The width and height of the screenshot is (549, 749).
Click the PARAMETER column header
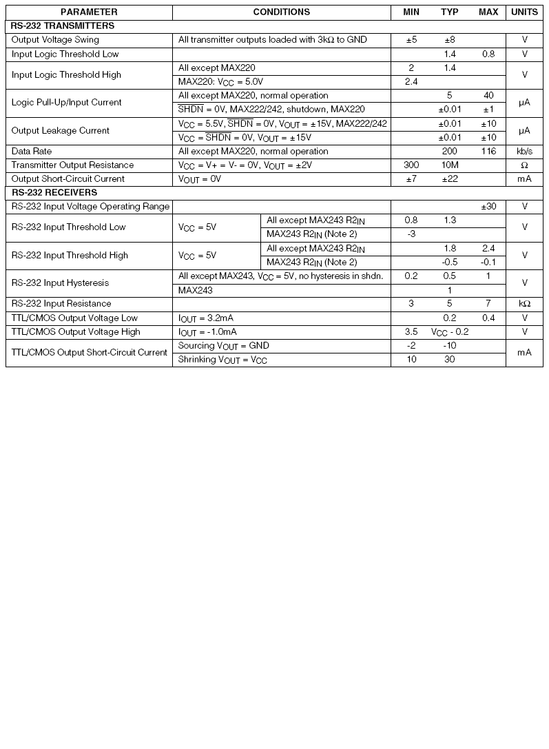pos(89,12)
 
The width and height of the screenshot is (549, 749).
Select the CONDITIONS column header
pos(281,12)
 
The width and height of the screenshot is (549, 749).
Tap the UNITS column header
pos(524,12)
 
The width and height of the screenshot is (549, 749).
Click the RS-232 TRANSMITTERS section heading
pos(53,25)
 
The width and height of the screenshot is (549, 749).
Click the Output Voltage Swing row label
pos(55,40)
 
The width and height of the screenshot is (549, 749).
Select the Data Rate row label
pos(32,151)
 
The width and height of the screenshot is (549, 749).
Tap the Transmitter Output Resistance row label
pos(72,165)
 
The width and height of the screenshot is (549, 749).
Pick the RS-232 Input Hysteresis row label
pos(60,283)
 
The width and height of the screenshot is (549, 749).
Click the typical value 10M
pos(450,165)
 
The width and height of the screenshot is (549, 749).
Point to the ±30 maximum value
pos(488,206)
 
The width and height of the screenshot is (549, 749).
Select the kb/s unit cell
pos(524,151)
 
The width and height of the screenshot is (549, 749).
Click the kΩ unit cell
pos(524,304)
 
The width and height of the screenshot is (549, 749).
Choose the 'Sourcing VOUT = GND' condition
pos(224,346)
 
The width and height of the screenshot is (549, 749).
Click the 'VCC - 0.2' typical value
pos(450,332)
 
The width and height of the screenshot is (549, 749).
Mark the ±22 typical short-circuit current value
pos(450,179)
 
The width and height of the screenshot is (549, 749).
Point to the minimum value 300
pos(411,165)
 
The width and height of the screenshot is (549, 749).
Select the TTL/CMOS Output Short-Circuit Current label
pos(90,353)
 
